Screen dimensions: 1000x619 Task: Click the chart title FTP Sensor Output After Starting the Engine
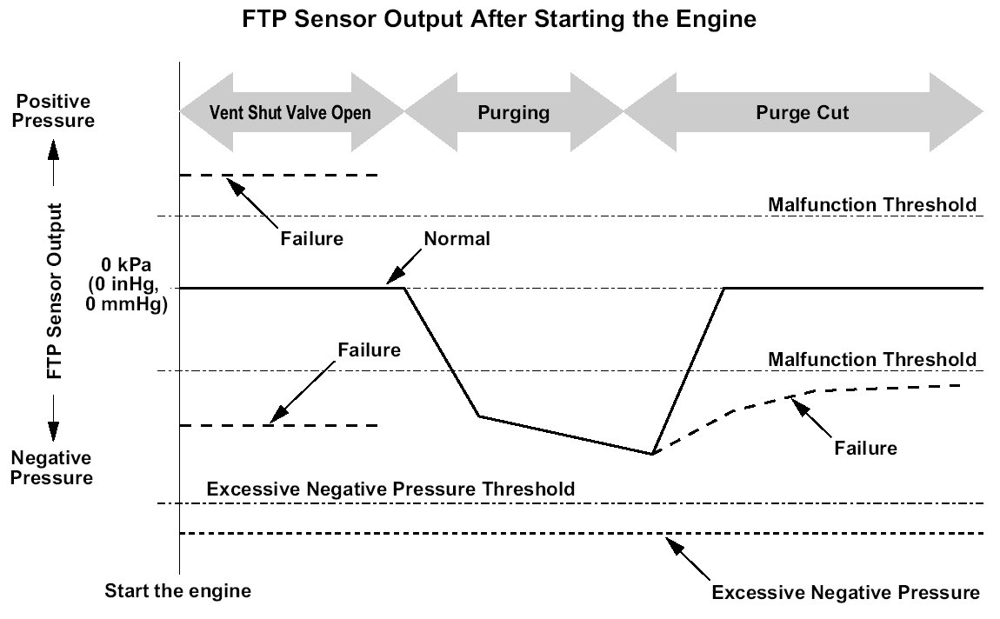[x=499, y=19]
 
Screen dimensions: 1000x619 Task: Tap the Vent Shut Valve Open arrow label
[x=290, y=113]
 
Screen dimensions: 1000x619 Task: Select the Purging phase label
[x=513, y=113]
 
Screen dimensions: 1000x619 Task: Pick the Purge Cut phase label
[x=803, y=113]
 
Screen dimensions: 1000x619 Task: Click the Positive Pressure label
[x=53, y=111]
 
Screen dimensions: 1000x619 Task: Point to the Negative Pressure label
[x=51, y=467]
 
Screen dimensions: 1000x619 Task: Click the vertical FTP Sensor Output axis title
[x=55, y=290]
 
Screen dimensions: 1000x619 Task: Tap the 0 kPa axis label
[x=126, y=284]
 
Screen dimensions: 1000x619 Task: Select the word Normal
[x=457, y=239]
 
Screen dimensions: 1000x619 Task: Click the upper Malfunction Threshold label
[x=872, y=204]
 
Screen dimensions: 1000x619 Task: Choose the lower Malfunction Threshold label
[x=872, y=360]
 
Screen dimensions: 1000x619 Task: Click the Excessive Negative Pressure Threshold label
[x=390, y=489]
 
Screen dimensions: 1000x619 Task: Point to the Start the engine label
[x=178, y=591]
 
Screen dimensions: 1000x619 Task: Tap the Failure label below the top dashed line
[x=312, y=239]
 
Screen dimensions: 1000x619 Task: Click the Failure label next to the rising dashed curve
[x=865, y=448]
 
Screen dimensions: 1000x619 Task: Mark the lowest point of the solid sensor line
[x=652, y=454]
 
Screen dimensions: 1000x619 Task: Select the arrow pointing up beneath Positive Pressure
[x=54, y=163]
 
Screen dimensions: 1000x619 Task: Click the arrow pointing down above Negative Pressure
[x=54, y=418]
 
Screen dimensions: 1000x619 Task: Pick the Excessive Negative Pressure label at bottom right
[x=846, y=593]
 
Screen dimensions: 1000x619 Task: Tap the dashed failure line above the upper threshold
[x=279, y=175]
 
